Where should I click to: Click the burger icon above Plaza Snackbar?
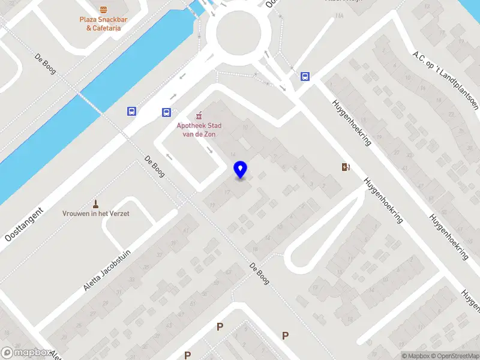pos(104,9)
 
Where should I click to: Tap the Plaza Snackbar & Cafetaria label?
pos(104,23)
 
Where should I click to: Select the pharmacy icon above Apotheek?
pos(199,115)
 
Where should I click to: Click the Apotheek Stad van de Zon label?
pos(199,129)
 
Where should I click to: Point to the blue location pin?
pos(240,170)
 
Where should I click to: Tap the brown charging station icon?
pos(345,167)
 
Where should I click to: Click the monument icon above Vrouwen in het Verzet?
pos(95,204)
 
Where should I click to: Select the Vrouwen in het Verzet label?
pos(96,214)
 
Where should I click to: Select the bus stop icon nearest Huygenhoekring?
pos(305,76)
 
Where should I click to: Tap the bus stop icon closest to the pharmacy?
pos(166,112)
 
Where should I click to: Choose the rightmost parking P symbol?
pos(285,335)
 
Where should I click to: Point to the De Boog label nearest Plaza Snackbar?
pos(45,64)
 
